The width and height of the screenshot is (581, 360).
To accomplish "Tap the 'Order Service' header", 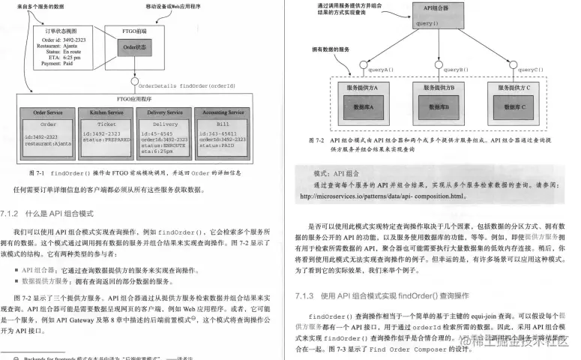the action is coord(48,112).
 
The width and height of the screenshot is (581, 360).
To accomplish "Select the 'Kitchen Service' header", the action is coord(107,112).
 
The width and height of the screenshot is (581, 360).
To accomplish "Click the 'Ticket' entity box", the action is coord(107,124).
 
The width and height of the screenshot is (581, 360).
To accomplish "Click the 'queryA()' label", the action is coord(380,70).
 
